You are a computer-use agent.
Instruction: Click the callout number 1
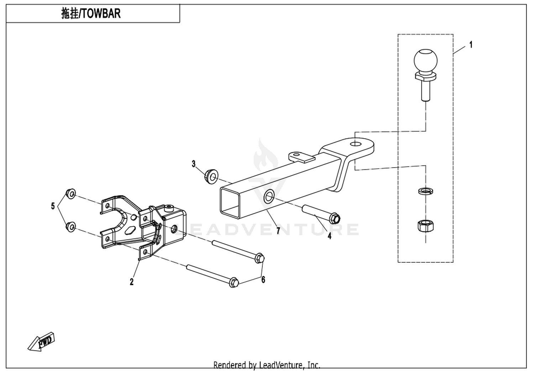[471, 45]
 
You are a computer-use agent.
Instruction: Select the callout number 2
[131, 282]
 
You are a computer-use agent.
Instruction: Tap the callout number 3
[193, 164]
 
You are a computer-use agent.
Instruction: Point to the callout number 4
[329, 236]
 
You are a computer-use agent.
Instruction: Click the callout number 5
[53, 206]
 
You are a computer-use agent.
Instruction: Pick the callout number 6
[263, 280]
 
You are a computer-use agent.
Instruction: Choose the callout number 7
[278, 231]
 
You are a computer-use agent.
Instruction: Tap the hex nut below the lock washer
[425, 226]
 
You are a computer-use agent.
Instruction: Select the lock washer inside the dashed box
[425, 191]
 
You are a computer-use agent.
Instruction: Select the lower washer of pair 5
[71, 226]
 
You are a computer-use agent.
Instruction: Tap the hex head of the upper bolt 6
[260, 257]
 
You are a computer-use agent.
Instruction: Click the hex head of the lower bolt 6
[234, 282]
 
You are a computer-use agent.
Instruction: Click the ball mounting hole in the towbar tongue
[355, 144]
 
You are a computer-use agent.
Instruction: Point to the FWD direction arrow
[41, 342]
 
